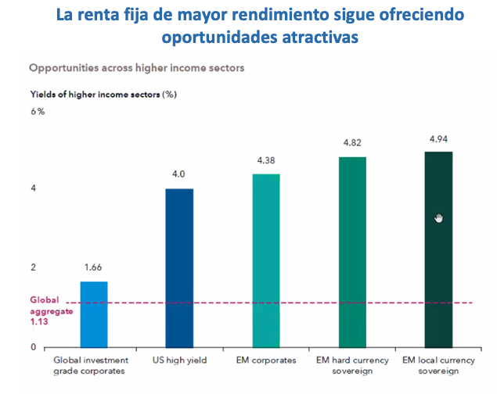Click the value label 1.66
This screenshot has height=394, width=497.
[94, 267]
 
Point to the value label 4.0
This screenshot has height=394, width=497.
[178, 174]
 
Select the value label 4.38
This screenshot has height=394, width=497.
[266, 160]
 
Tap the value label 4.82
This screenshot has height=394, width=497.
[352, 143]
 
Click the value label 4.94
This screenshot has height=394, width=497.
[438, 138]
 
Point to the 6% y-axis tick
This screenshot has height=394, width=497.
[38, 112]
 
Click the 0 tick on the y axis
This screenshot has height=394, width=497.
[33, 347]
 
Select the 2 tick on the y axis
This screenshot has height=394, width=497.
[33, 267]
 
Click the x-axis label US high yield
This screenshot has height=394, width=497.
[180, 361]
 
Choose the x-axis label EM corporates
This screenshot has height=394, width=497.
[266, 361]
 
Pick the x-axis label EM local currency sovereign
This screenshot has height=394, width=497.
[438, 366]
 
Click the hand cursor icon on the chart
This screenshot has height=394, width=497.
[439, 217]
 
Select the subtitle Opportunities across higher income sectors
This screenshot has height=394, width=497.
[137, 68]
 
